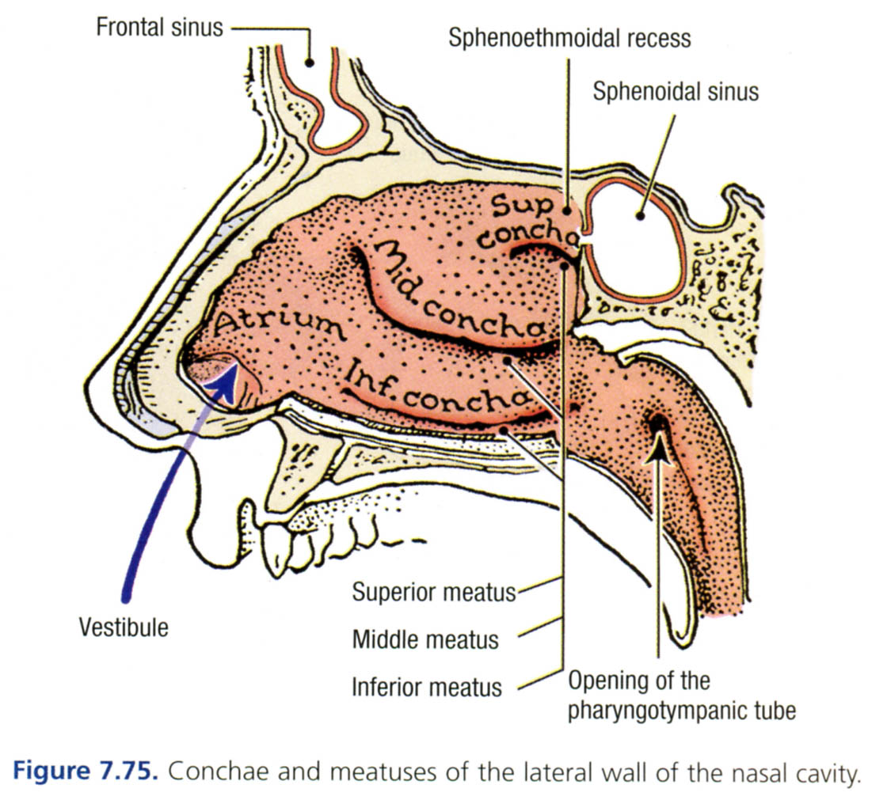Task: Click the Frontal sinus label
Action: (158, 28)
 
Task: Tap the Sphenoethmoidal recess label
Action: (569, 37)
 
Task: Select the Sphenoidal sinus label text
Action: (676, 91)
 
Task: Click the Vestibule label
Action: (124, 627)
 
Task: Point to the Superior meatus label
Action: (434, 591)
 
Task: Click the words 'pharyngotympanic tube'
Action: (682, 710)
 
